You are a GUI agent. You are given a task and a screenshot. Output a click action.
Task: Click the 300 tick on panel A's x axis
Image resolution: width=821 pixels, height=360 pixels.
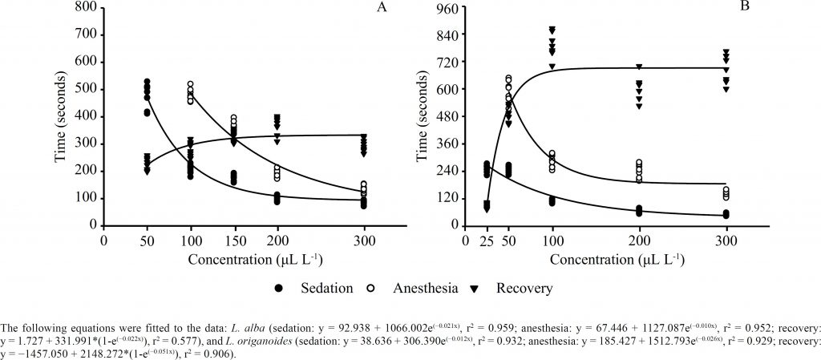tap(365, 240)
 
